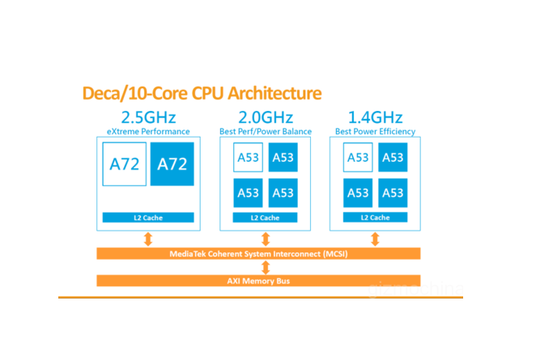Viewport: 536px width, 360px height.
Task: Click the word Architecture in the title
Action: (267, 93)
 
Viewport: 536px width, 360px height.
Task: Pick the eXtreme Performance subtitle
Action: (148, 131)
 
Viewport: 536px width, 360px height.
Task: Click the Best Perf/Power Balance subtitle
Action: (265, 131)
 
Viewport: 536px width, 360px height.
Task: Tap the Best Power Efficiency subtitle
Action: (375, 131)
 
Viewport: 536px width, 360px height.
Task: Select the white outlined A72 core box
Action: (124, 164)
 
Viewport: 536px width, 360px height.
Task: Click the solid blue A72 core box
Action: (172, 164)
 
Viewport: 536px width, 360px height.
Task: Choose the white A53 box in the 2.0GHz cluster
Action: (248, 157)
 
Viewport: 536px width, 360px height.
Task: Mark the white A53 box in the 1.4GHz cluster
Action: (357, 157)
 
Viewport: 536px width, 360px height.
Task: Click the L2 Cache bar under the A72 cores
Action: (148, 218)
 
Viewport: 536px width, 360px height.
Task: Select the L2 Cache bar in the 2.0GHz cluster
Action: (265, 218)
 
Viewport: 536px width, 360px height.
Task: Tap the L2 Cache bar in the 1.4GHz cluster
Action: (375, 218)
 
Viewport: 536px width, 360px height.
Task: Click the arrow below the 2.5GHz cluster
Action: (148, 239)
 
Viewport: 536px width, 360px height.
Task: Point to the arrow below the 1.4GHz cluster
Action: (375, 239)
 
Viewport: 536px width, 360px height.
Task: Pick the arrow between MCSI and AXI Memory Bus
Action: (265, 267)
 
